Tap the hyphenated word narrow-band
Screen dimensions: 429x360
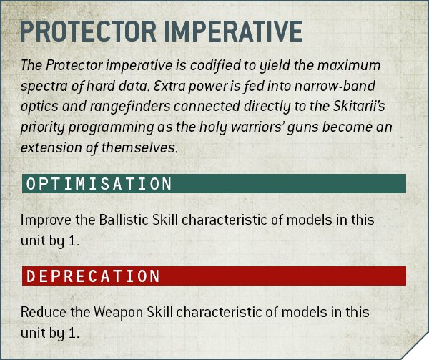click(x=335, y=86)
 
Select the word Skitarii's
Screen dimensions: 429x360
click(x=359, y=106)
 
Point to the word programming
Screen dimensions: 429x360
click(x=111, y=127)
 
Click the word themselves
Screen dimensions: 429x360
click(x=140, y=147)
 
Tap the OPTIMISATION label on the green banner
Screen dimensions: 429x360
click(x=99, y=183)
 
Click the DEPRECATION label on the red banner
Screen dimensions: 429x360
click(x=93, y=276)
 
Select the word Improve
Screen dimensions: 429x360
click(x=46, y=220)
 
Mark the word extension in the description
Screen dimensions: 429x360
click(x=51, y=148)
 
